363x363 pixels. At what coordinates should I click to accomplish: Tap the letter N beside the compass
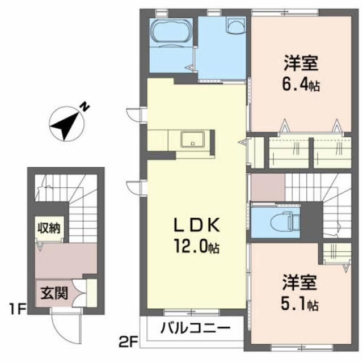tap(83, 106)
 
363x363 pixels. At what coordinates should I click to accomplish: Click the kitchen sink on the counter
tap(191, 139)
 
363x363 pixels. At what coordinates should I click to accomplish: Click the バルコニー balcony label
tap(195, 328)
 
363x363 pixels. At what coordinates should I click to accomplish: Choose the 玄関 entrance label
tap(54, 294)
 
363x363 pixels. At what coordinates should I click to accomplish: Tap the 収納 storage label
tap(50, 228)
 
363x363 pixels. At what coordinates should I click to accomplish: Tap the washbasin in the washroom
tap(234, 24)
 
